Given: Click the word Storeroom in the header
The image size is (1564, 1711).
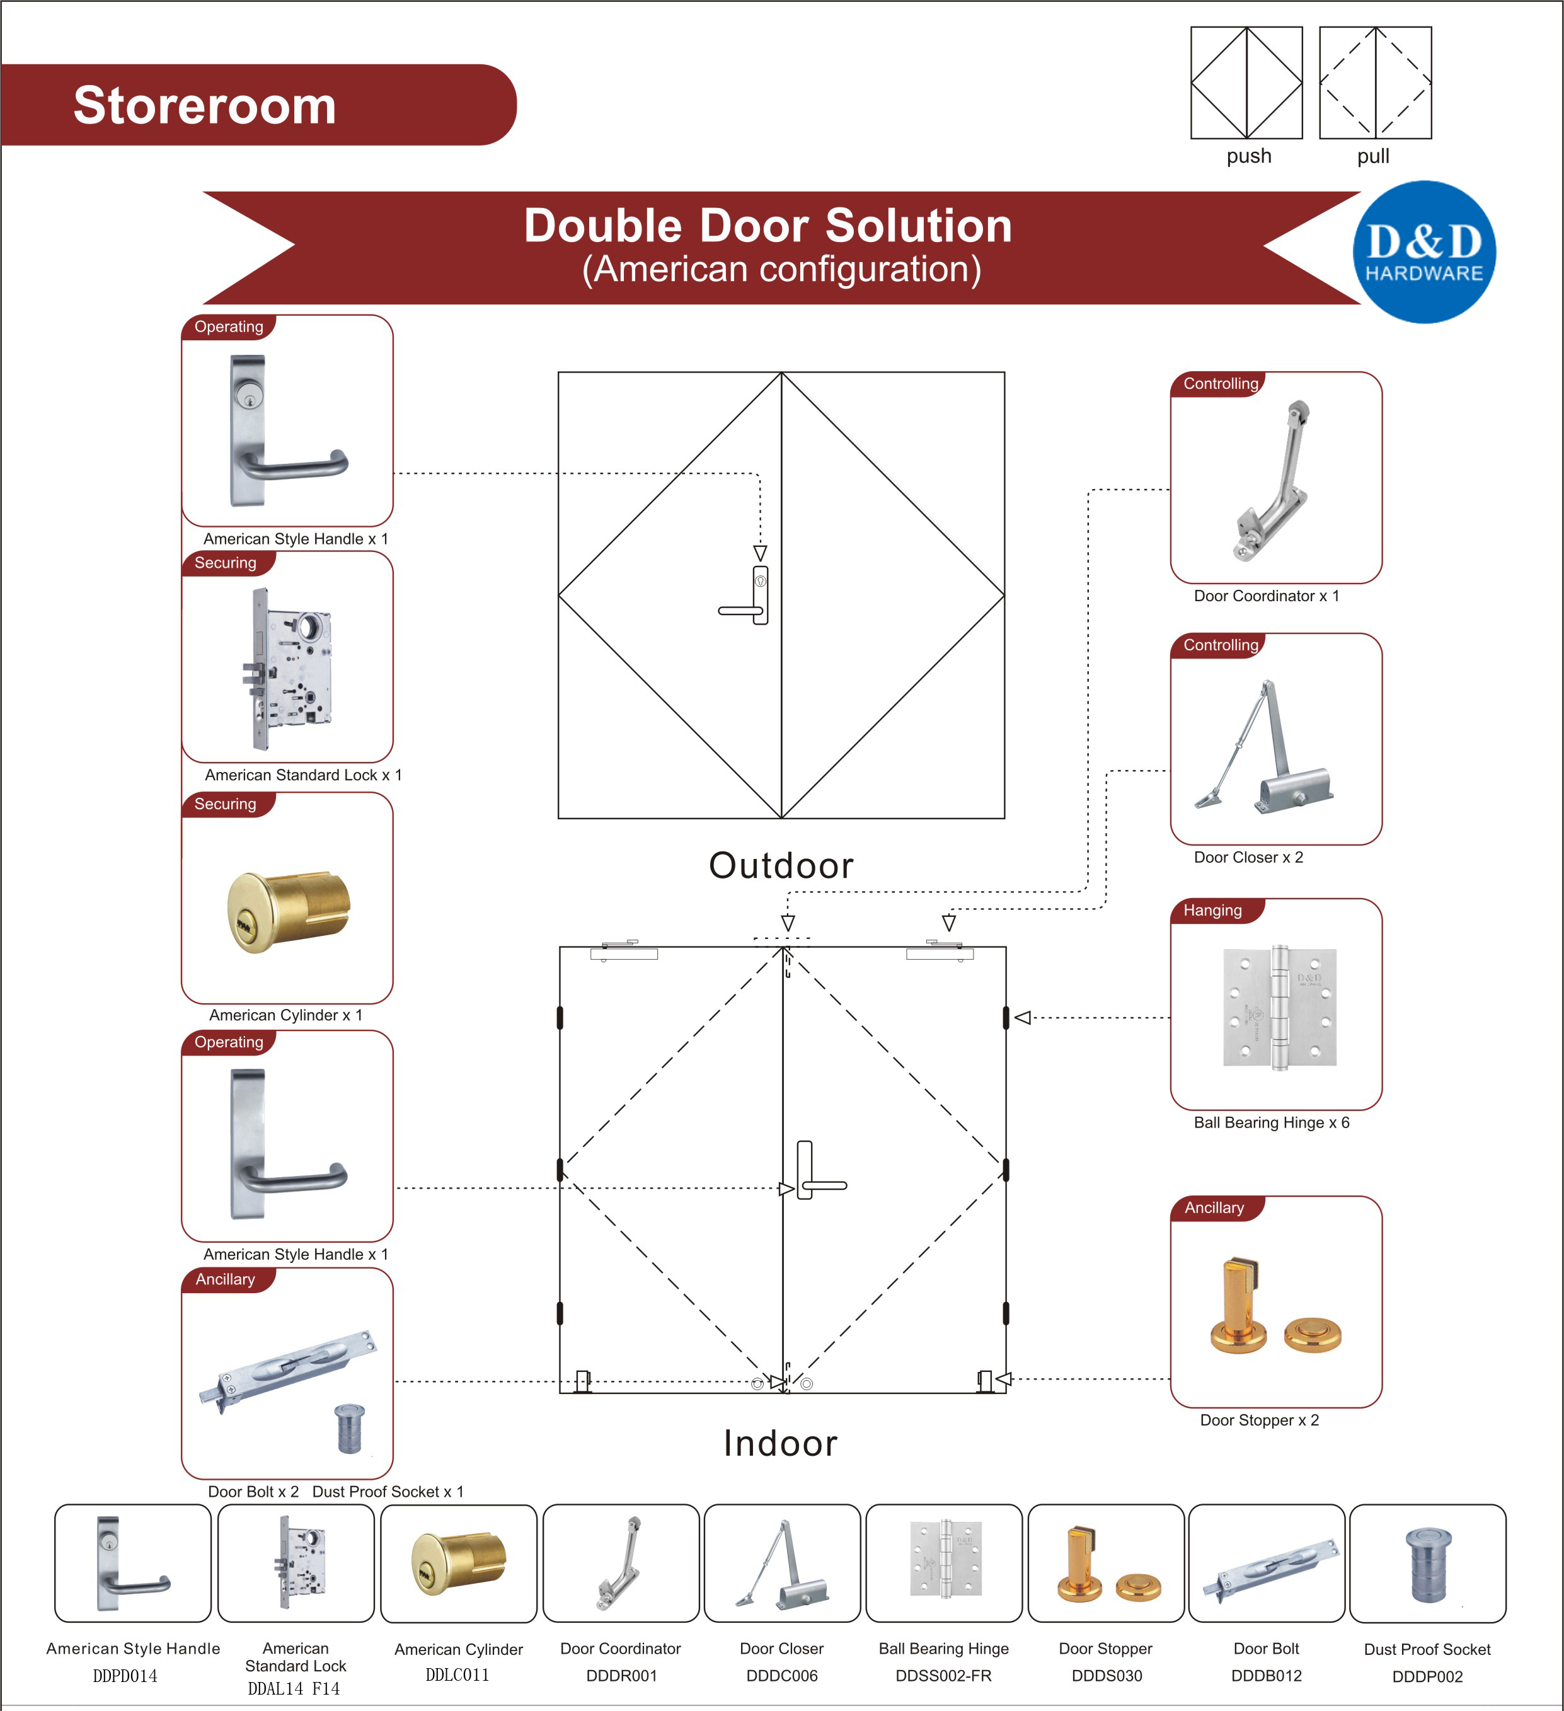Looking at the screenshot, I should (205, 105).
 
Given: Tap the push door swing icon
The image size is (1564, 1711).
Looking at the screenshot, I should (1246, 83).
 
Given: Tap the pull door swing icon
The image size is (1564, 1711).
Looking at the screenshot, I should (1375, 83).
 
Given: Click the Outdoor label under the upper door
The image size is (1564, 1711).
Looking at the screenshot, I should (781, 865).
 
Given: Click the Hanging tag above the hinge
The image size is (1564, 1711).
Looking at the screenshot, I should (1212, 911).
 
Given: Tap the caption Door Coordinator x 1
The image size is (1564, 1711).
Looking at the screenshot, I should (1265, 596).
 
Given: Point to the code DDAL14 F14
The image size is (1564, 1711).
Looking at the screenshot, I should (294, 1689).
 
